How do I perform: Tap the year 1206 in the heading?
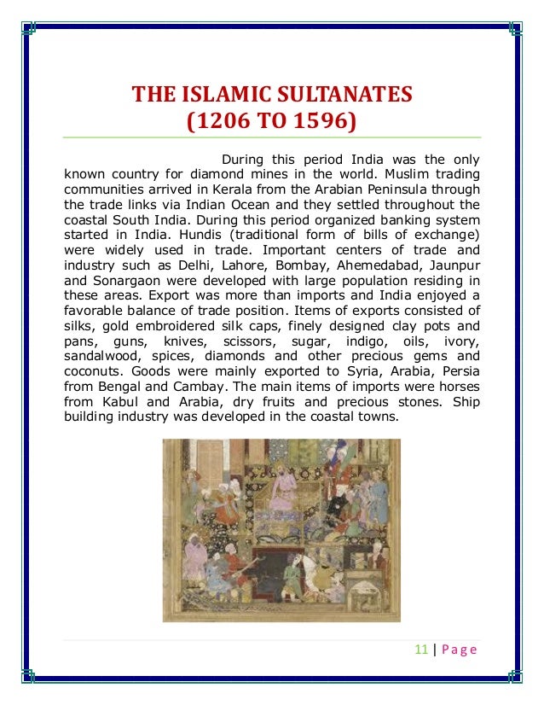221,121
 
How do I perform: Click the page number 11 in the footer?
420,650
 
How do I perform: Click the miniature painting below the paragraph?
281,529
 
